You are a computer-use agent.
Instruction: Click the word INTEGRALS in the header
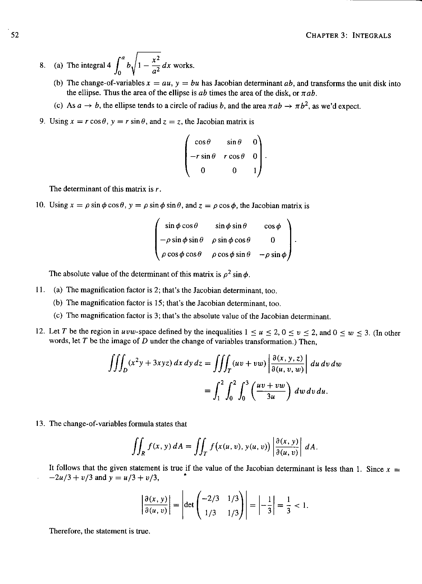pyautogui.click(x=372, y=36)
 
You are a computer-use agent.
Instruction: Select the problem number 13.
pyautogui.click(x=41, y=424)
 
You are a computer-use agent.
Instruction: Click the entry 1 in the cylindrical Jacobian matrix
pyautogui.click(x=255, y=170)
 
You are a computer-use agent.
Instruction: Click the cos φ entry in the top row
pyautogui.click(x=272, y=226)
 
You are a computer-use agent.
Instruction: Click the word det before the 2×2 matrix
pyautogui.click(x=189, y=505)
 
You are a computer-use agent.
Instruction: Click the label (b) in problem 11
pyautogui.click(x=58, y=303)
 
